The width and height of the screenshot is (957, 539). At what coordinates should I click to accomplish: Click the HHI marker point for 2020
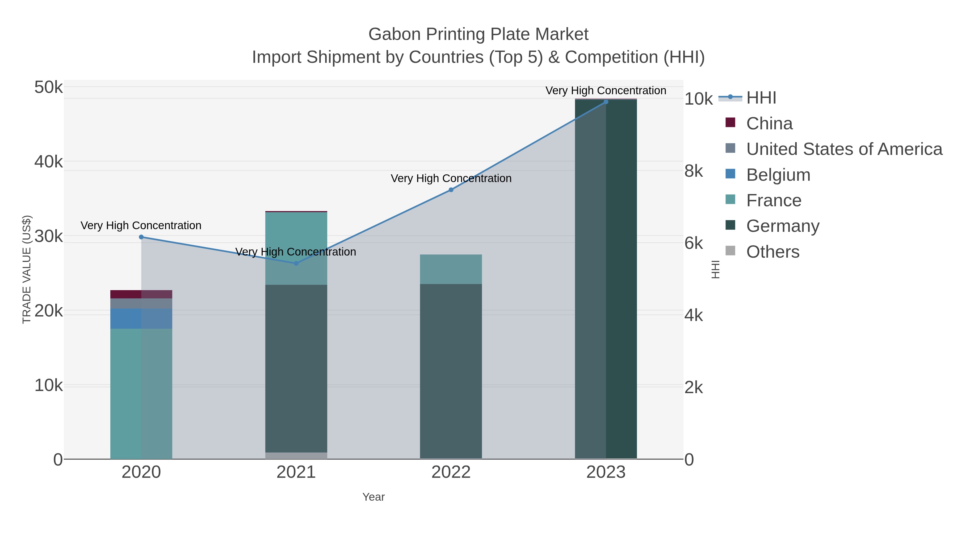[141, 237]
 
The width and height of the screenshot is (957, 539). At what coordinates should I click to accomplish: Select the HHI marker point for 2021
[296, 263]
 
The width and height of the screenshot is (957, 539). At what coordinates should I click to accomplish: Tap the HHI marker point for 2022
[451, 190]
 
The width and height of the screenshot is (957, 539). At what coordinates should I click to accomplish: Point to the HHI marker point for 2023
[606, 102]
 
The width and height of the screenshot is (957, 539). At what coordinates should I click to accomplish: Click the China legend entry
[769, 124]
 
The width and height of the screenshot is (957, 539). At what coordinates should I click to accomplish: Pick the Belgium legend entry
[778, 175]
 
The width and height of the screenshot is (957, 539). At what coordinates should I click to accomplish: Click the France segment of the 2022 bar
[451, 269]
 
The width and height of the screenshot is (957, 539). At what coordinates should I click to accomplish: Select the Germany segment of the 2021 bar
[296, 368]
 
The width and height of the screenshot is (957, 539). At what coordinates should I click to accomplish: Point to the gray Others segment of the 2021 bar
[296, 456]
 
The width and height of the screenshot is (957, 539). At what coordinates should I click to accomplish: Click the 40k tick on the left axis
[48, 162]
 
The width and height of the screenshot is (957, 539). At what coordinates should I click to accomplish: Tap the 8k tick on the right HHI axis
[694, 171]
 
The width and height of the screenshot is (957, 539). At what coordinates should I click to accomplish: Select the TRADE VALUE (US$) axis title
[27, 269]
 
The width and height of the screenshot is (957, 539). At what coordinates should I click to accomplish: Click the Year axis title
[373, 497]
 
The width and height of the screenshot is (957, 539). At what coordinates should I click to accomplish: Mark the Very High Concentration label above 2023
[606, 90]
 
